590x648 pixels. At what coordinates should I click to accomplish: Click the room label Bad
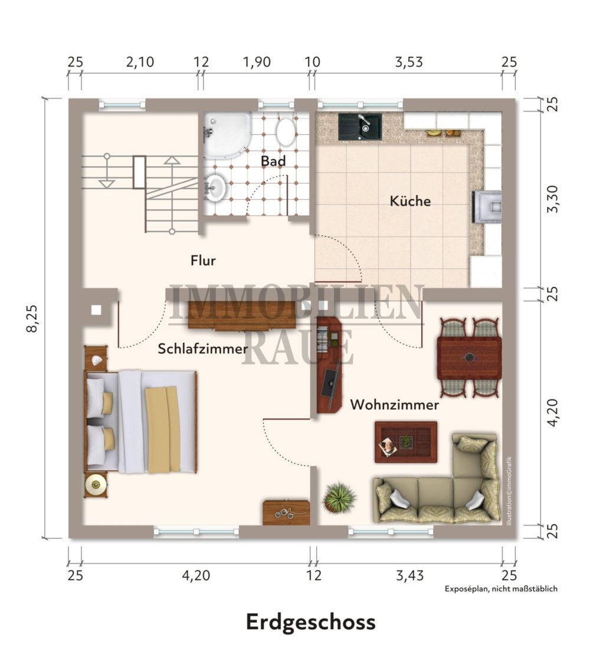(x=273, y=160)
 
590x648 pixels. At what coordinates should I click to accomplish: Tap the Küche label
(x=410, y=201)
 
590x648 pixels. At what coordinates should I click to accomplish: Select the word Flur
(x=203, y=260)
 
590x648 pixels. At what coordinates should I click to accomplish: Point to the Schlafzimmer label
(x=202, y=349)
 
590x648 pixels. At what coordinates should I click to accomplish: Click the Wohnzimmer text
(x=394, y=405)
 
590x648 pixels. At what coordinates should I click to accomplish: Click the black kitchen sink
(x=360, y=127)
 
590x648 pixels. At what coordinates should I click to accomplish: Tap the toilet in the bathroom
(x=286, y=132)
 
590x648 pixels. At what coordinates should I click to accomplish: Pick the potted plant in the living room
(x=339, y=497)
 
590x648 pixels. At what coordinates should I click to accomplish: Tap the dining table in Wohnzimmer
(x=470, y=358)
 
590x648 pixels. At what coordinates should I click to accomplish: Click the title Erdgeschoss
(x=310, y=622)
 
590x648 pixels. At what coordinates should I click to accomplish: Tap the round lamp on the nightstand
(x=95, y=485)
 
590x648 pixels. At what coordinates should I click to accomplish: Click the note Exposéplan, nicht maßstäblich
(x=501, y=589)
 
